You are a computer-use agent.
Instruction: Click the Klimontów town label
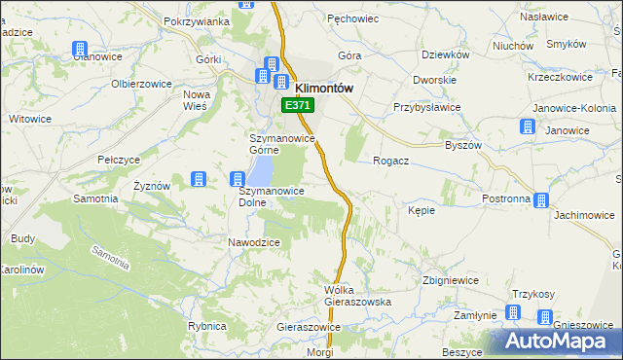[x=323, y=86]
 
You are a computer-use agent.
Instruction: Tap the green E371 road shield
[x=298, y=104]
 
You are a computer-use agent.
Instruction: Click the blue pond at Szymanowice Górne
[x=262, y=171]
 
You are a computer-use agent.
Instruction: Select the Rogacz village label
[x=390, y=162]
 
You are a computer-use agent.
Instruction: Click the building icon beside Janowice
[x=528, y=126]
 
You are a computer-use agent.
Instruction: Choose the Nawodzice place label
[x=254, y=242]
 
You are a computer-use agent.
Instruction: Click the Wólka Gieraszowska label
[x=357, y=296]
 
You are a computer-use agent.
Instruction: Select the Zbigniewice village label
[x=450, y=280]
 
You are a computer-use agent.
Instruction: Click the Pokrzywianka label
[x=197, y=21]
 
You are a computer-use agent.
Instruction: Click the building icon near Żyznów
[x=199, y=179]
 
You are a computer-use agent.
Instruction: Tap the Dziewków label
[x=447, y=55]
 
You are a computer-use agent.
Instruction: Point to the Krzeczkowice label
[x=560, y=77]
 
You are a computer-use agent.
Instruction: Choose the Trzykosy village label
[x=532, y=295]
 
